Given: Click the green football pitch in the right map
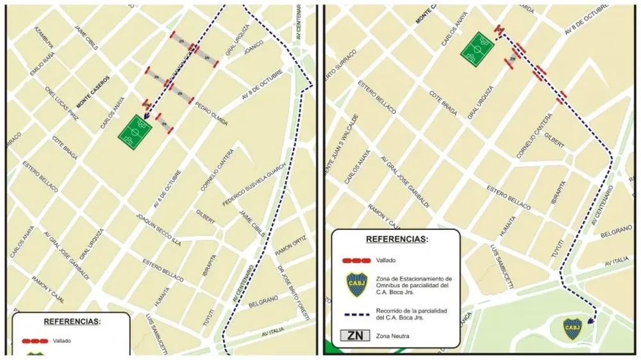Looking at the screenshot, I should [x=478, y=49].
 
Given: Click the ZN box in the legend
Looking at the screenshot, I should [x=358, y=336].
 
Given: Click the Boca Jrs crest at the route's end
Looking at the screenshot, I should [x=572, y=329].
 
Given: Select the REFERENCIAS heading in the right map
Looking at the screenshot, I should [x=395, y=239].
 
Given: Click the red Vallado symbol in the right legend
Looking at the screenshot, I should [x=357, y=261].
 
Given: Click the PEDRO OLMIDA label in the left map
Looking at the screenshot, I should [x=211, y=113].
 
